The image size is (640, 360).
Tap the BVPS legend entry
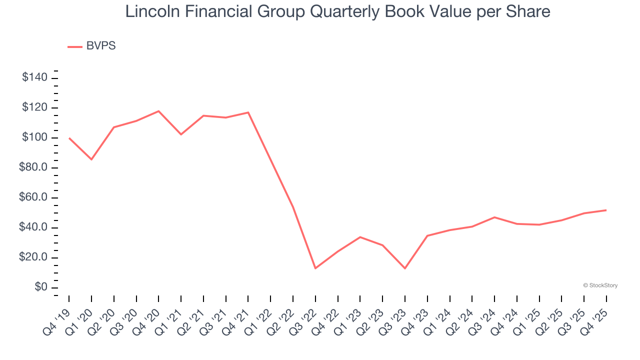[x=100, y=46]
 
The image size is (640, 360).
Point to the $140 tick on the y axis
[x=34, y=77]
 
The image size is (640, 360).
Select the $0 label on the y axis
[x=41, y=287]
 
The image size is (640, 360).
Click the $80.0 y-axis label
[x=33, y=167]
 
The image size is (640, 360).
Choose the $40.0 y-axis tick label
[x=33, y=227]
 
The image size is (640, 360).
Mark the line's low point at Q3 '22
[x=315, y=268]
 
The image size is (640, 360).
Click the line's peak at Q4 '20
[x=158, y=111]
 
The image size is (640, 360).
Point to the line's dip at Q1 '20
[x=91, y=159]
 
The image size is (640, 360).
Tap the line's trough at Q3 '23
[x=405, y=268]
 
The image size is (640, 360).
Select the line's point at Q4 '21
[x=248, y=112]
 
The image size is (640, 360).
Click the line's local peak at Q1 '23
[x=360, y=237]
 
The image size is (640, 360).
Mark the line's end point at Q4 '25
[x=606, y=210]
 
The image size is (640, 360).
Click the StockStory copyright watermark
[x=600, y=285]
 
